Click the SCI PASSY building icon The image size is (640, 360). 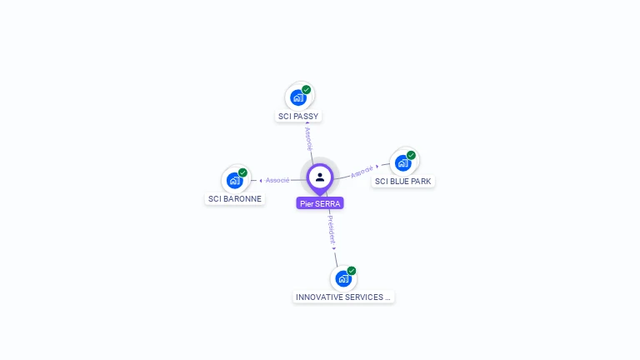tap(298, 98)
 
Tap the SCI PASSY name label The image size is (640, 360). tap(298, 117)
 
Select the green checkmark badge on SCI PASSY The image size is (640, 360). tap(307, 89)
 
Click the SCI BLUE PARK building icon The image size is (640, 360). tap(403, 163)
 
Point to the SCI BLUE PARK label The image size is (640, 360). tap(403, 181)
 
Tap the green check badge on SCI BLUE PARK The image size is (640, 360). tap(411, 155)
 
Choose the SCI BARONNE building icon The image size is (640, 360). tap(235, 181)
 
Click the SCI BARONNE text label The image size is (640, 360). tap(235, 199)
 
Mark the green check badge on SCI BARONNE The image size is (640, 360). tap(242, 172)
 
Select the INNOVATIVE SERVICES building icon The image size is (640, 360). tap(343, 279)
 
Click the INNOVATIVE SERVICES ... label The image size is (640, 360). tap(343, 297)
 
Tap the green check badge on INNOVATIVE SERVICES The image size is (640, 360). tap(352, 271)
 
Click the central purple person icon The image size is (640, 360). tap(320, 177)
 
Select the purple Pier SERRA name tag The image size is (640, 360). tap(320, 203)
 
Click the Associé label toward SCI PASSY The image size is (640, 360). tap(308, 138)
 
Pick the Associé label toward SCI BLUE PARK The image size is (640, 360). tap(362, 172)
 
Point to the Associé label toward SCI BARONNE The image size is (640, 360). tap(277, 180)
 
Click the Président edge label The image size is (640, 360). tap(331, 229)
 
